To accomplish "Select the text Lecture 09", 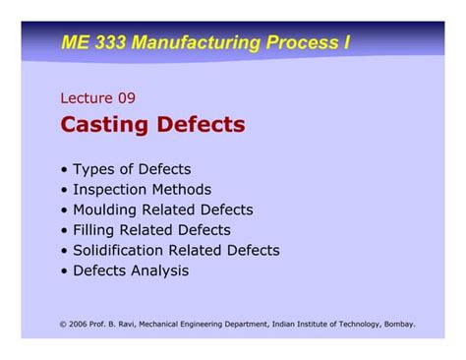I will pos(97,97).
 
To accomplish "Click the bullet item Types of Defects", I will pos(131,169).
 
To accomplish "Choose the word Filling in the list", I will pos(93,230).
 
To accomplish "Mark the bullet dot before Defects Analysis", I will pos(64,270).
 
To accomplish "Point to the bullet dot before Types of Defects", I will pos(64,169).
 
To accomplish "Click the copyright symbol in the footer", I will pos(64,323).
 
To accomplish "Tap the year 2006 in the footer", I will pos(80,323).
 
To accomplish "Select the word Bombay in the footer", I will pos(397,323).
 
